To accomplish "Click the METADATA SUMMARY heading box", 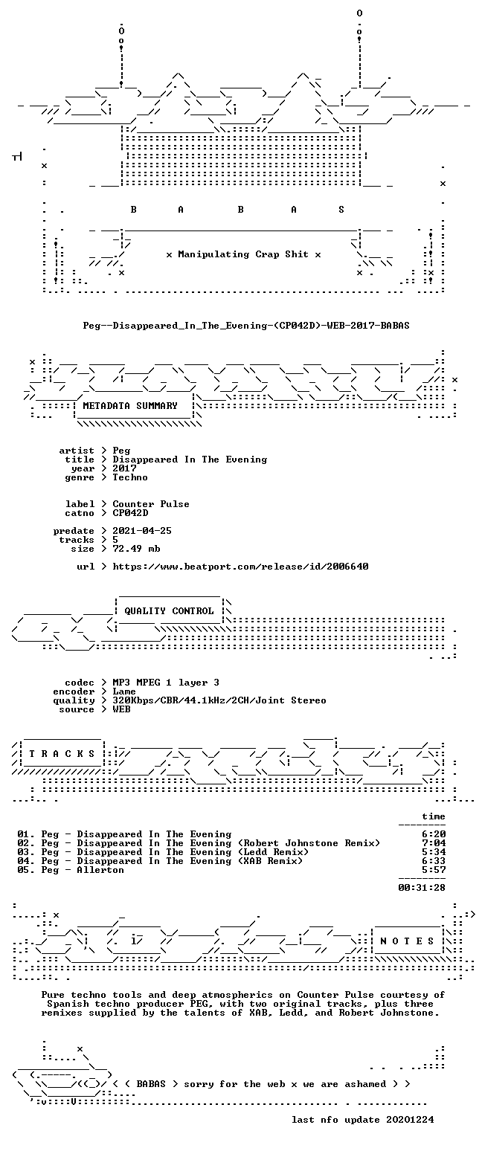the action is [x=130, y=406].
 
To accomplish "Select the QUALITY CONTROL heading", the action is [x=169, y=611].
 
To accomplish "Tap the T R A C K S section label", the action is [x=62, y=754].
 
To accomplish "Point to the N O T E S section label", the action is [x=407, y=941].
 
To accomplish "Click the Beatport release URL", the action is [x=240, y=567].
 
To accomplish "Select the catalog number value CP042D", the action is [x=130, y=513].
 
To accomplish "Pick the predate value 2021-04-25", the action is [x=142, y=531].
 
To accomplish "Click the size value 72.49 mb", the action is [x=136, y=549].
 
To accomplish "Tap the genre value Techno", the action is [x=130, y=477].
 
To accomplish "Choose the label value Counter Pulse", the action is [x=151, y=504].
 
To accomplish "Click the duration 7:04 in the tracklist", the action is [x=434, y=843].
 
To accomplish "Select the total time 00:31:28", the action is [x=422, y=887].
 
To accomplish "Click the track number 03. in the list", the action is [x=26, y=852].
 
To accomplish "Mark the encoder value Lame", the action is [x=124, y=691].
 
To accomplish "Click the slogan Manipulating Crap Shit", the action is [x=243, y=254].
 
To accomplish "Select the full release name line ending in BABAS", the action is [x=246, y=325].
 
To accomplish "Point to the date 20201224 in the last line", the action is [x=410, y=1120].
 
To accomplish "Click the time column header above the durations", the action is [x=434, y=816].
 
